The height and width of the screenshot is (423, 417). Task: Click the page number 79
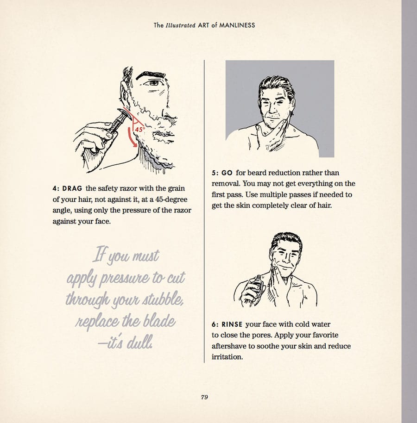click(204, 397)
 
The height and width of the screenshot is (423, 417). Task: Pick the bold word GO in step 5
click(227, 173)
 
